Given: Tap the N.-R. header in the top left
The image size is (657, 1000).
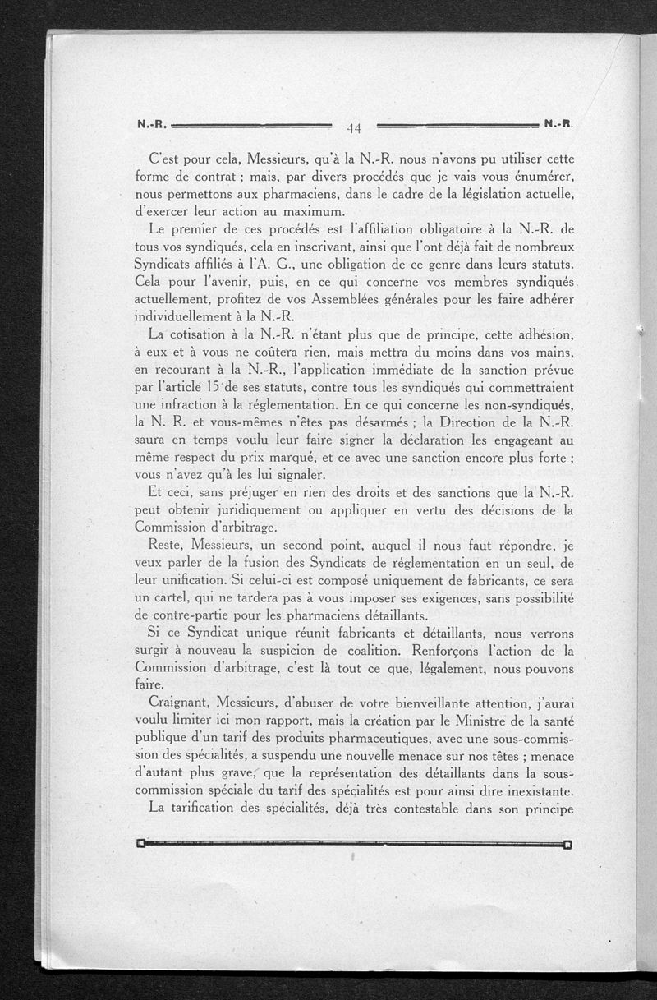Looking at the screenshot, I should (152, 126).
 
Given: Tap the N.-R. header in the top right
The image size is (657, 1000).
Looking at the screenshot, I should (558, 125).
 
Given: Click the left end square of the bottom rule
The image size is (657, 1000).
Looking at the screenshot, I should (140, 842).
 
